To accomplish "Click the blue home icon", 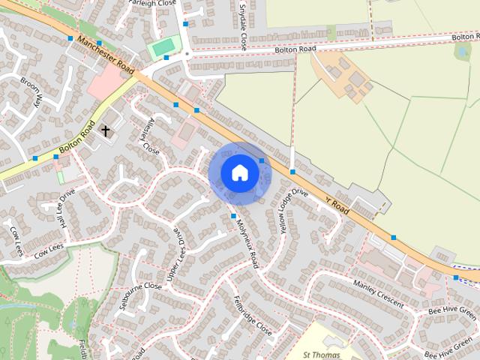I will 239,172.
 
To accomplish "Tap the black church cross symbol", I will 106,131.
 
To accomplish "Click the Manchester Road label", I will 105,56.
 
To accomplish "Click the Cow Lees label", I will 46,249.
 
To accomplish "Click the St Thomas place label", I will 321,355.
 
